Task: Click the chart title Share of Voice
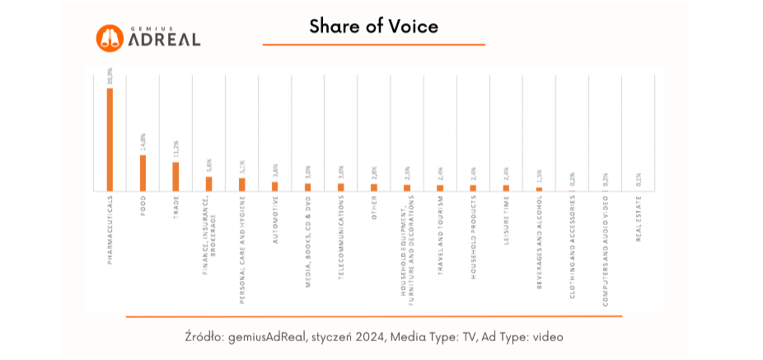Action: pos(373,26)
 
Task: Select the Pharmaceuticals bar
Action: pos(110,139)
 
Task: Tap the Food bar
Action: pos(143,173)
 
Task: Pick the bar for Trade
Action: pos(176,176)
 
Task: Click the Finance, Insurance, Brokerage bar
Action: pos(208,184)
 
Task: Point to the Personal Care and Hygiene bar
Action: pos(241,185)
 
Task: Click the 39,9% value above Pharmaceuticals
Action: pos(110,77)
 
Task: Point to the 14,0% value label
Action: pos(143,142)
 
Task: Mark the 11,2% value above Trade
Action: pos(176,149)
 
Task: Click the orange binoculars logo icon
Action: pos(110,38)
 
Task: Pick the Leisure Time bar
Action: pos(506,188)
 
